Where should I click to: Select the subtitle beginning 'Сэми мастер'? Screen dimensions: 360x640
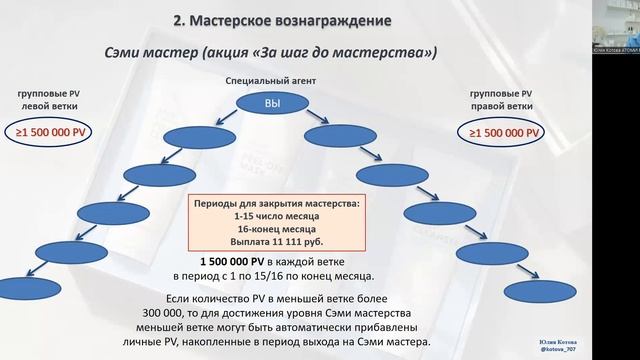click(272, 53)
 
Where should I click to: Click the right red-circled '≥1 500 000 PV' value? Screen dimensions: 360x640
click(504, 132)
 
